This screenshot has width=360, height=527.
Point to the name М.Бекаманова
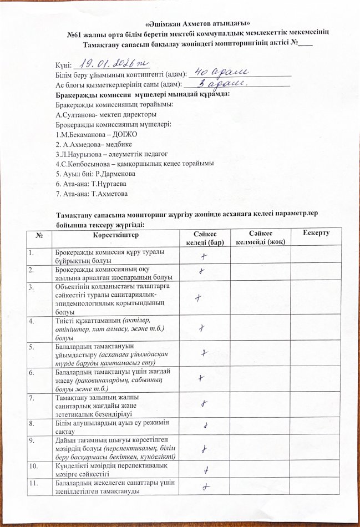coord(88,134)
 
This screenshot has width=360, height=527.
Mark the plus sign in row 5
coord(205,353)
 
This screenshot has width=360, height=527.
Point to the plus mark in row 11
coord(206,487)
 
